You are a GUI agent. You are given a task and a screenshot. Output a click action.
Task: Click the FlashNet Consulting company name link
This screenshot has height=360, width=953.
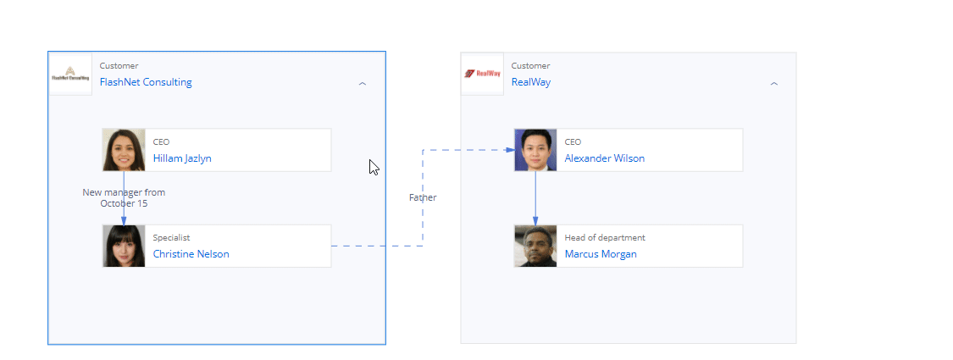pyautogui.click(x=146, y=82)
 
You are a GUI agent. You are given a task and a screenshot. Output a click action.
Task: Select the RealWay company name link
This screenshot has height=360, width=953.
pyautogui.click(x=530, y=82)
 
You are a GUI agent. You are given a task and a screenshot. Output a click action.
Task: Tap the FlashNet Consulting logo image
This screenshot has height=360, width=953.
pyautogui.click(x=70, y=74)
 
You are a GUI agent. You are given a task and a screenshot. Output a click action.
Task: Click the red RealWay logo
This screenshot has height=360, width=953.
pyautogui.click(x=482, y=74)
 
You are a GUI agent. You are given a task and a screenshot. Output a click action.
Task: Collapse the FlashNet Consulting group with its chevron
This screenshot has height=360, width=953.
pyautogui.click(x=363, y=84)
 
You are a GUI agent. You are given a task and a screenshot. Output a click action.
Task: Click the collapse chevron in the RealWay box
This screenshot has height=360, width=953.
pyautogui.click(x=773, y=84)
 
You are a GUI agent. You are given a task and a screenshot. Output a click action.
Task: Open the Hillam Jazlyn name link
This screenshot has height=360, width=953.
pyautogui.click(x=182, y=158)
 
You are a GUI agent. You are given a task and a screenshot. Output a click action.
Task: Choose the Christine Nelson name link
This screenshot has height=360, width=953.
pyautogui.click(x=191, y=254)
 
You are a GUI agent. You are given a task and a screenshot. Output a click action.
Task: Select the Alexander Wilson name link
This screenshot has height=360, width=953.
pyautogui.click(x=605, y=158)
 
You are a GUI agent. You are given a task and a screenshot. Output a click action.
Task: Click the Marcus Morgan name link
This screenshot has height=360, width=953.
pyautogui.click(x=601, y=254)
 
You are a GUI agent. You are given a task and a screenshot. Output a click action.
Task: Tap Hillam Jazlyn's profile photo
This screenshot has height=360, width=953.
pyautogui.click(x=124, y=150)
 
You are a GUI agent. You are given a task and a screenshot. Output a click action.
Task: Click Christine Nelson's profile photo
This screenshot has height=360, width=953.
pyautogui.click(x=124, y=246)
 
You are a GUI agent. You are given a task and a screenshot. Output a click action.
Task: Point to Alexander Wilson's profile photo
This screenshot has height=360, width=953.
pyautogui.click(x=535, y=150)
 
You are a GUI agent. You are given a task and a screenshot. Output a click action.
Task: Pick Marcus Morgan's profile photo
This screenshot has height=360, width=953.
pyautogui.click(x=535, y=246)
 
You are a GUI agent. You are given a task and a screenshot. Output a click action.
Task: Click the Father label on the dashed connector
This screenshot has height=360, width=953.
pyautogui.click(x=423, y=197)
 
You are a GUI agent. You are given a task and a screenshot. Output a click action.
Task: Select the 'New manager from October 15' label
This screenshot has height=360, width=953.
pyautogui.click(x=124, y=197)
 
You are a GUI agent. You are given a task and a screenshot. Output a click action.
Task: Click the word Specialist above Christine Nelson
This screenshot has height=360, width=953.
pyautogui.click(x=171, y=238)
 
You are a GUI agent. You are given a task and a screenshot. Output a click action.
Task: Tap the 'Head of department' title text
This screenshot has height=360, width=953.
pyautogui.click(x=605, y=238)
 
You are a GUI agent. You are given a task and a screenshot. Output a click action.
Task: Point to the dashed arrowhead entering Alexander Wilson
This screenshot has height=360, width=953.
pyautogui.click(x=511, y=150)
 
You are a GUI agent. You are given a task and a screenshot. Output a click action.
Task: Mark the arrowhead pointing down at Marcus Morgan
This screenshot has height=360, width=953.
pyautogui.click(x=535, y=221)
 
